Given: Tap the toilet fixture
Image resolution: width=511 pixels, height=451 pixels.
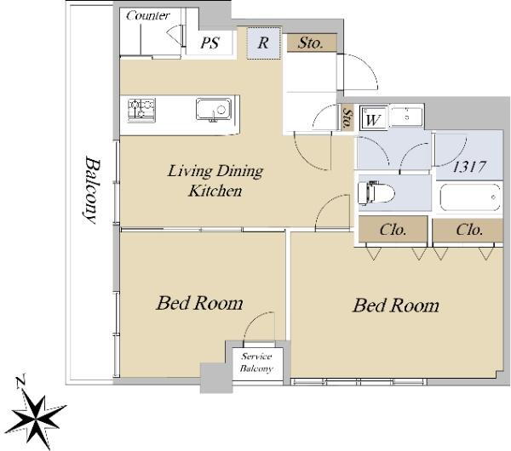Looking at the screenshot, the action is pos(376,193).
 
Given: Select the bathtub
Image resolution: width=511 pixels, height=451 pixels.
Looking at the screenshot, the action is pos(470,197).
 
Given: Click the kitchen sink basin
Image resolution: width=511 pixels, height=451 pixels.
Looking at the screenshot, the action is pos(214,109).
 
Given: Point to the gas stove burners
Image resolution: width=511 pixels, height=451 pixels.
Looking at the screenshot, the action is pos(141,111).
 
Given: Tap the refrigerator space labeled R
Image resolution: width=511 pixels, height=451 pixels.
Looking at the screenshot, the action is pos(264,43).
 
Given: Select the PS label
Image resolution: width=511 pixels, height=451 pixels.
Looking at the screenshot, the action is pos(210,43).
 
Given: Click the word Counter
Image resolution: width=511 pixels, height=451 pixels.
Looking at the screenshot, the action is pos(148,15).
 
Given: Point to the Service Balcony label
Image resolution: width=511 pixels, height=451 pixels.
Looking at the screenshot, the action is pos(256,363).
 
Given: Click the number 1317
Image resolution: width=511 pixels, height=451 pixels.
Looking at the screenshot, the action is pos(469,167).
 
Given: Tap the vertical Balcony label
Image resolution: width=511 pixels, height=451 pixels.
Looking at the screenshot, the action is pos(90,190).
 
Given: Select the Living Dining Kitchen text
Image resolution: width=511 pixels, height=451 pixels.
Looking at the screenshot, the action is pos(215,180).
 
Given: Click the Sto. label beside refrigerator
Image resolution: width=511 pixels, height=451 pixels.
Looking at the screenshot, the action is pos(311,43).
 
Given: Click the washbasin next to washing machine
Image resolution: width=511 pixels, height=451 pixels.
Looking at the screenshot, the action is pos(406,117).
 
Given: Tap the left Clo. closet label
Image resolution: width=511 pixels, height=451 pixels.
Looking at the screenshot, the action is pos(393,230).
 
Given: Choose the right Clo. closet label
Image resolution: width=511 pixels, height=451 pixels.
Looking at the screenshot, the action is pos(469,230).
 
